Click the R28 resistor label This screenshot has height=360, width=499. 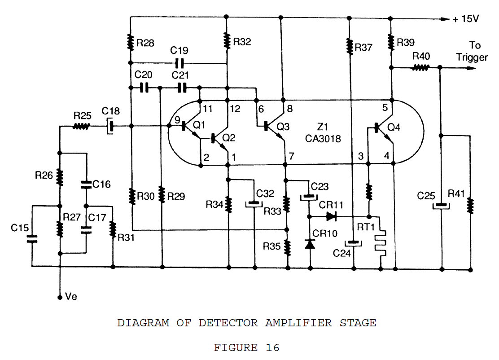145,43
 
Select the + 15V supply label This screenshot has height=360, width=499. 466,19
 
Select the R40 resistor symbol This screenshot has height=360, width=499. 420,68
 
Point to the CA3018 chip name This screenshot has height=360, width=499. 323,139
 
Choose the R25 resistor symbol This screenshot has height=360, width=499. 81,127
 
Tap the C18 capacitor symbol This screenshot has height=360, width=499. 110,127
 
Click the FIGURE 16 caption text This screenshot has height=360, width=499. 246,347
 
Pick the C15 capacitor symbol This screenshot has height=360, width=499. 32,238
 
